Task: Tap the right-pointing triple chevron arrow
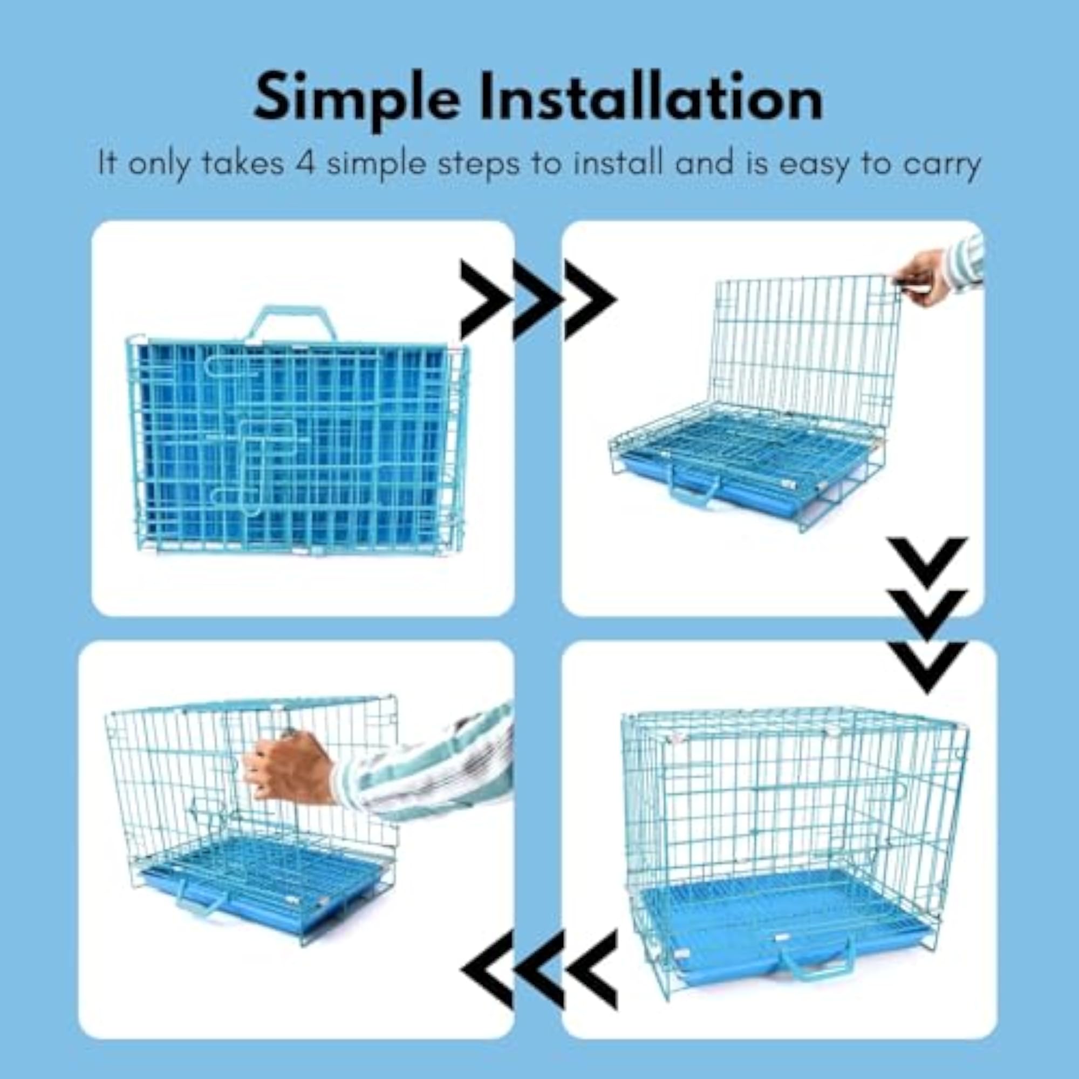538,299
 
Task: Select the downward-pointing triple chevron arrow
927,615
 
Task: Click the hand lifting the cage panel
921,277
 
